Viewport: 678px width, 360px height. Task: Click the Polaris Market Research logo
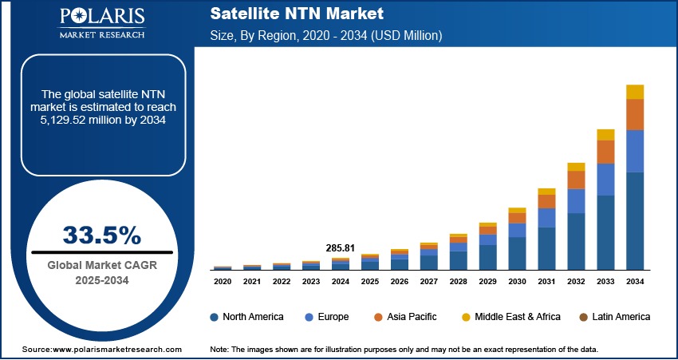click(101, 23)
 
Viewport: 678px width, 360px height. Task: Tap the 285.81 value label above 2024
click(341, 248)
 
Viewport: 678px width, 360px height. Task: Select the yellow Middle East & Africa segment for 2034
click(635, 92)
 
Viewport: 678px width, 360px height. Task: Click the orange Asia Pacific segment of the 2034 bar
click(635, 114)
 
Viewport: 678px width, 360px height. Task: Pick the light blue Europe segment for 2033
click(606, 179)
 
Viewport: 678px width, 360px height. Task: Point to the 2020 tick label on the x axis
click(223, 282)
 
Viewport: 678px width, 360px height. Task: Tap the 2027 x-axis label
click(428, 282)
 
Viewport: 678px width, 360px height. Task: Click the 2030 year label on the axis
click(517, 282)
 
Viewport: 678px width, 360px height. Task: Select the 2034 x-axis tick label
click(635, 282)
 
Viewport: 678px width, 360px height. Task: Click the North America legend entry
click(246, 317)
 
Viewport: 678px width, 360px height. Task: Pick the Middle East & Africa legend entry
click(510, 317)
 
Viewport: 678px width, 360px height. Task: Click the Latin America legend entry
click(614, 317)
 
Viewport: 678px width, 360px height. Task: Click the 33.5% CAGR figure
click(101, 235)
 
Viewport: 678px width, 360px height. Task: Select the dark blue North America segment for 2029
click(487, 257)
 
